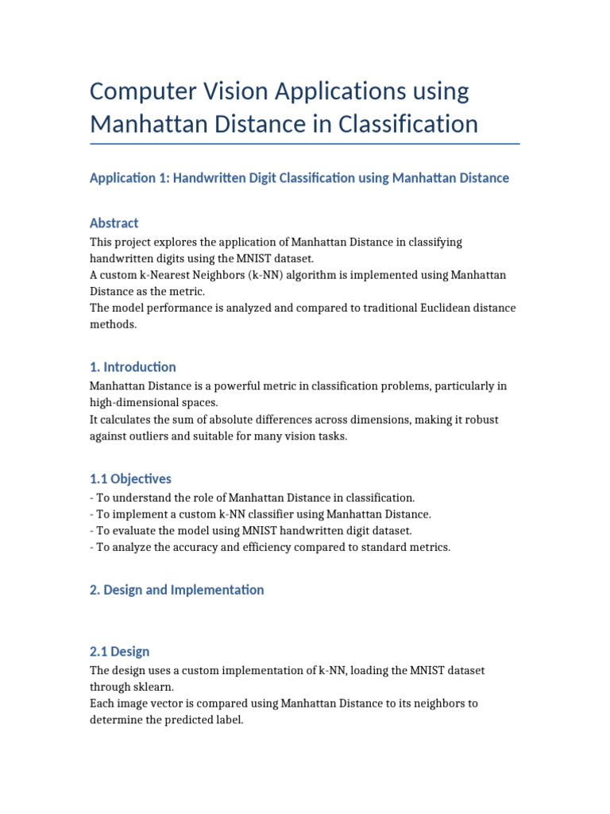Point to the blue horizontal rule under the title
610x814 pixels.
click(305, 144)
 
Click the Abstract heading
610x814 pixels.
click(114, 223)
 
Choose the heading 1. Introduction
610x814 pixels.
click(133, 367)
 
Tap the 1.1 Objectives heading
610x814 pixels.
click(130, 479)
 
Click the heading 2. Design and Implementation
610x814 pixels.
click(177, 590)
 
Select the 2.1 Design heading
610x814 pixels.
click(119, 652)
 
